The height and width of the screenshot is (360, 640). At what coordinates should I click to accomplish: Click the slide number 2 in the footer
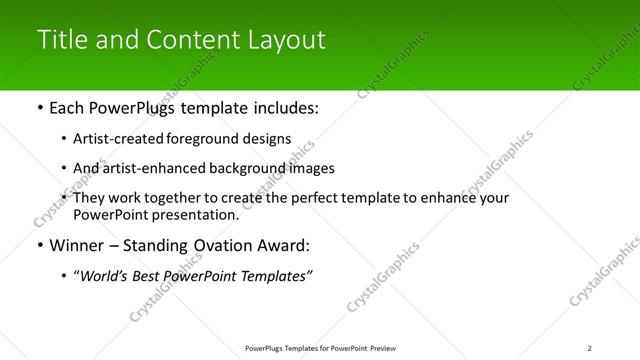coord(590,348)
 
